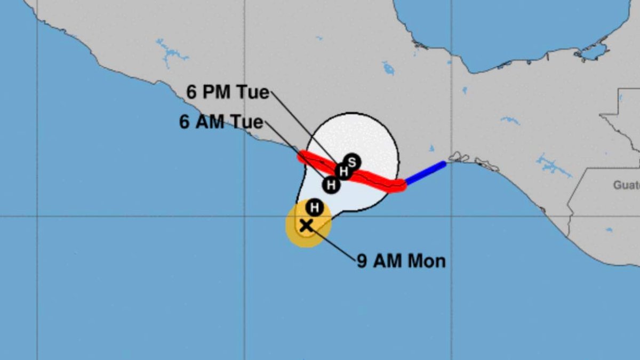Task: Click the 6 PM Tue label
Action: tap(228, 92)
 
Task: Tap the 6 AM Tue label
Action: tap(221, 122)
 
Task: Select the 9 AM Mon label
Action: tap(401, 261)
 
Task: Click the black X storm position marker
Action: tap(306, 225)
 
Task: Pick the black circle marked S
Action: tap(352, 161)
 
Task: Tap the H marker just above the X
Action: tap(315, 207)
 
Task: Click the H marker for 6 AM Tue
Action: tap(331, 185)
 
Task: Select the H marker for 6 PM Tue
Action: tap(344, 171)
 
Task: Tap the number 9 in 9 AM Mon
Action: tap(362, 261)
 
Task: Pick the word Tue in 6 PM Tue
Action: tap(252, 92)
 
